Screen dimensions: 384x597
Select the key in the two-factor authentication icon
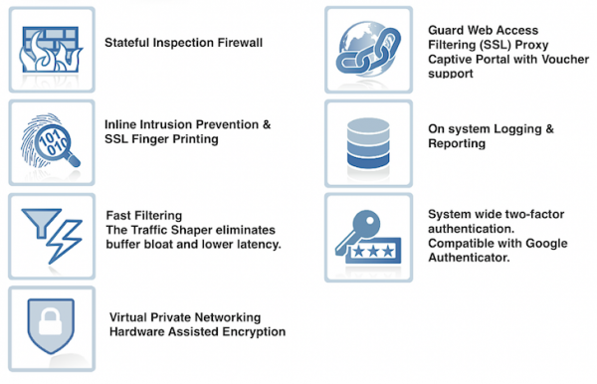[364, 223]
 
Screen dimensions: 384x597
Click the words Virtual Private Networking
[183, 317]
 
